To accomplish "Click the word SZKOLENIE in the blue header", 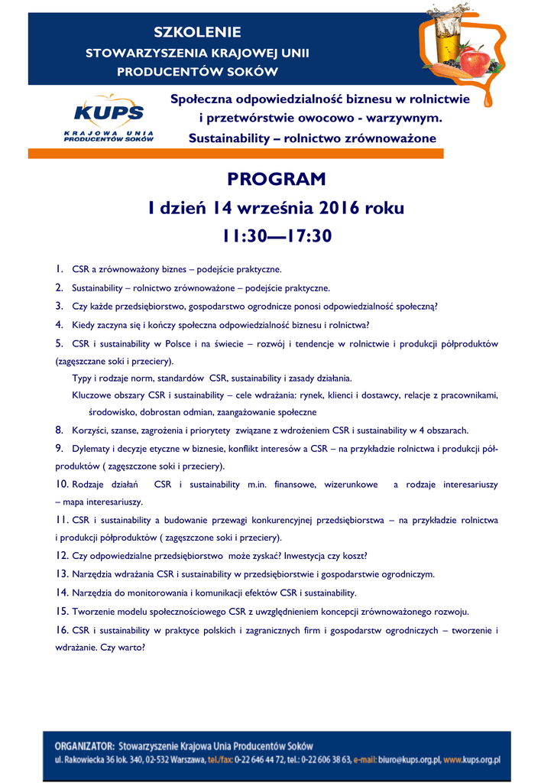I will [x=198, y=32].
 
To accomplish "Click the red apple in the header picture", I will [x=474, y=61].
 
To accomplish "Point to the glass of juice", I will [x=447, y=38].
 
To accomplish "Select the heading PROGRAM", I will [x=277, y=179].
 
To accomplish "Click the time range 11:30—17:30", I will [x=277, y=237].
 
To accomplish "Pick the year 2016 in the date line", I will [x=340, y=208].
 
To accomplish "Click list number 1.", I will [x=59, y=269].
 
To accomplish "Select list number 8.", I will [x=59, y=430].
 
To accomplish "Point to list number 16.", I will [x=62, y=630].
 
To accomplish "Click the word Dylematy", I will [x=90, y=448].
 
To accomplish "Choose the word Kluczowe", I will [x=90, y=395].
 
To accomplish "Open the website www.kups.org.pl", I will [x=471, y=761].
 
